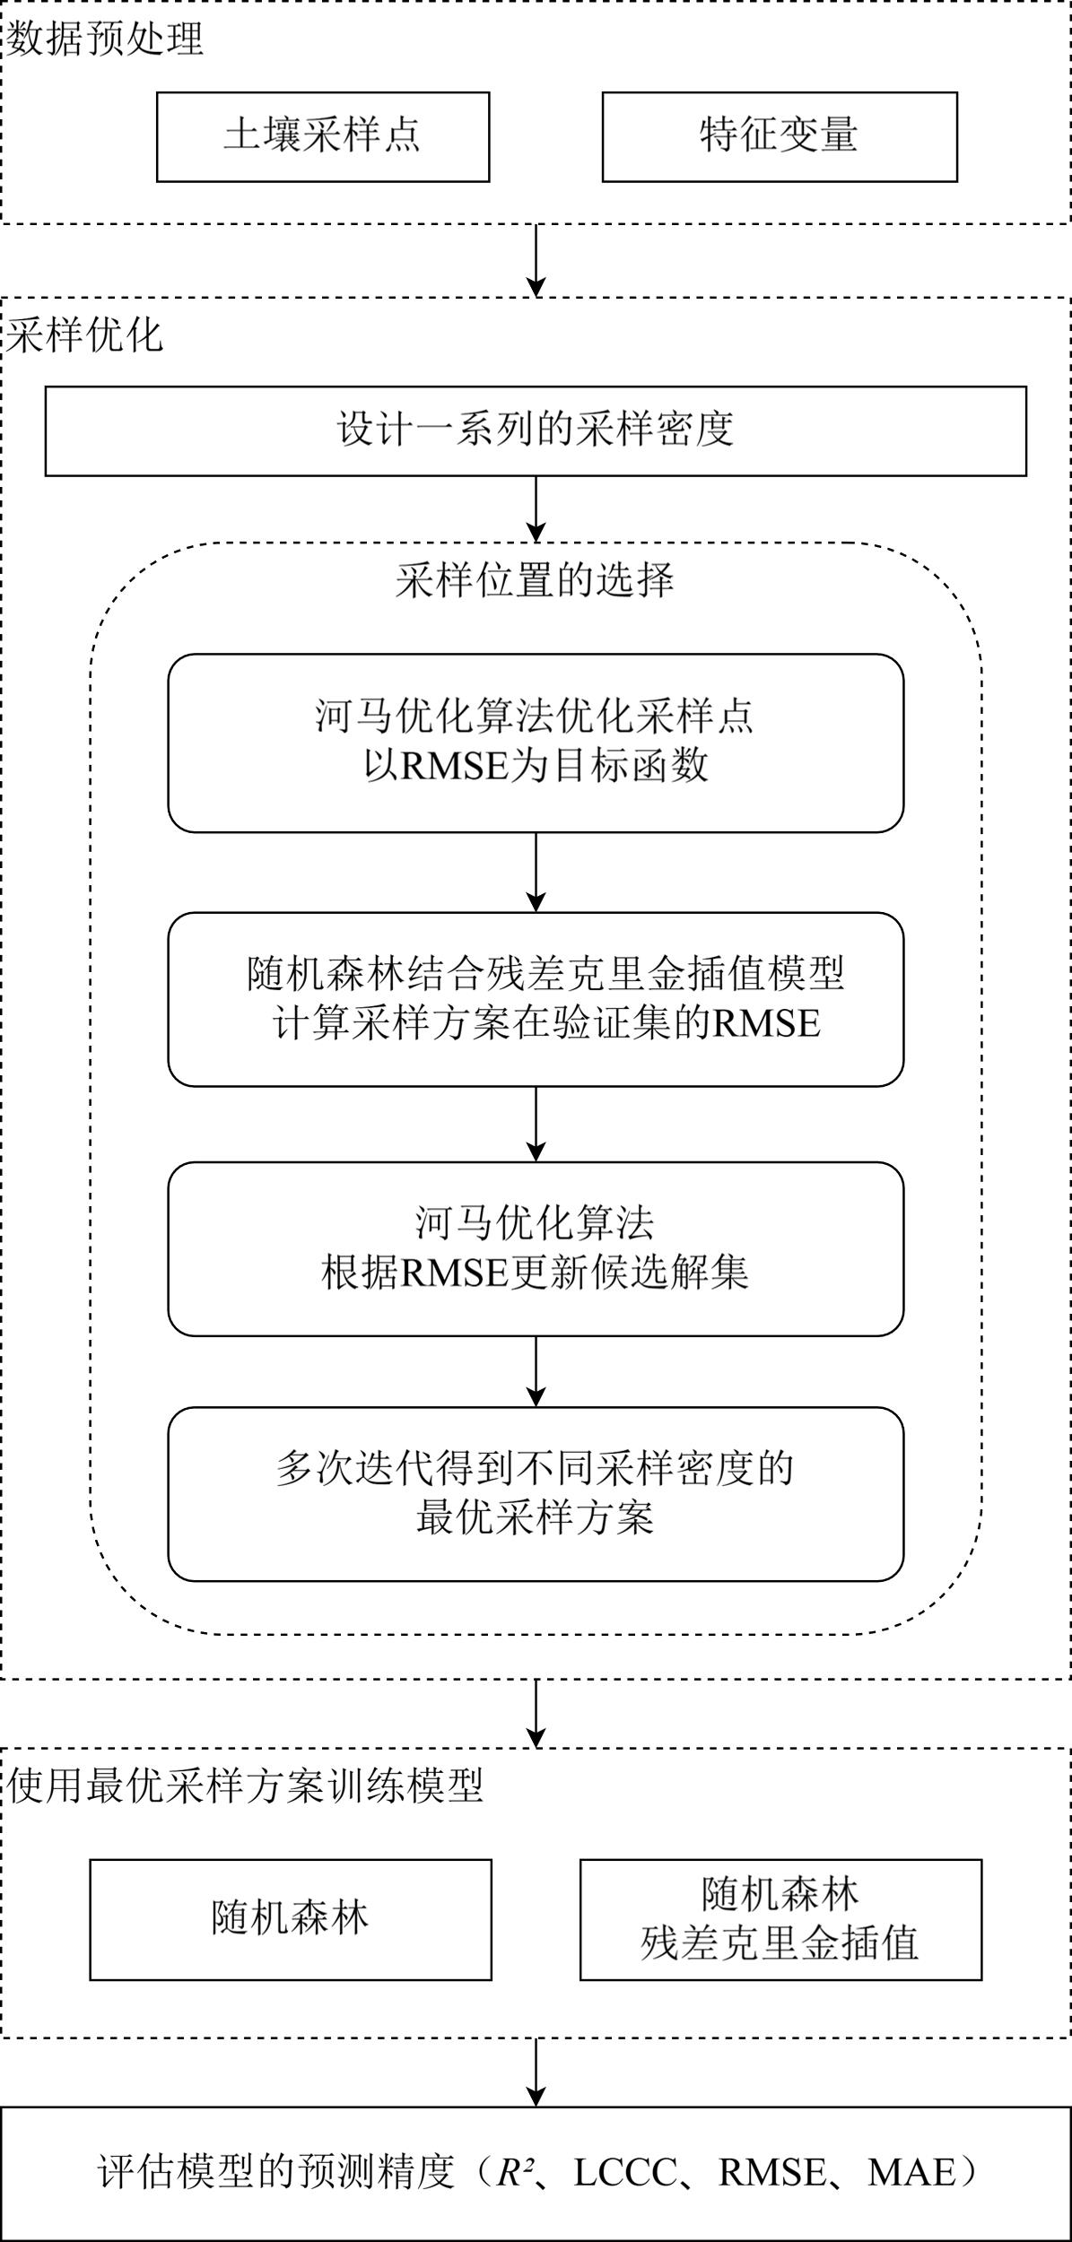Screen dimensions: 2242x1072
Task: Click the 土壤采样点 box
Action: tap(323, 136)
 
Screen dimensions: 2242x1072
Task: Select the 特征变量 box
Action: tap(779, 136)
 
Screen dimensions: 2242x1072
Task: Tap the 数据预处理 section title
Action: tap(106, 39)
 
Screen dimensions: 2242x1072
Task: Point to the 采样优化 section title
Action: tap(86, 335)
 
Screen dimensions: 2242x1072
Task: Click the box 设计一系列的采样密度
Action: tap(536, 430)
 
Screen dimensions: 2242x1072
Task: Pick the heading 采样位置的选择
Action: tap(536, 581)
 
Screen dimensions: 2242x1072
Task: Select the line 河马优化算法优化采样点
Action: tap(536, 717)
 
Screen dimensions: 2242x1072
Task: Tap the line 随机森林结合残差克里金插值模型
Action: tap(545, 974)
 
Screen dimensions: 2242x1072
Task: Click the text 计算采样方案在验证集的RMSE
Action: tap(545, 1023)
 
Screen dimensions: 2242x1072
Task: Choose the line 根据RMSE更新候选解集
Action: tap(536, 1273)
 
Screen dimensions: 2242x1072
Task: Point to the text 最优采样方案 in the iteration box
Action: tap(536, 1517)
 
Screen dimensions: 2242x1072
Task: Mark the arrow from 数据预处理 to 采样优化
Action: tap(536, 260)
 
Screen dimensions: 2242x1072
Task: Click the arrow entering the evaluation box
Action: tap(536, 2072)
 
